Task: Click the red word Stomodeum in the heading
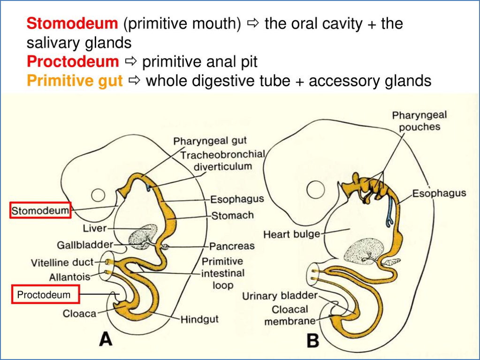72,23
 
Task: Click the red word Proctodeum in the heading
73,61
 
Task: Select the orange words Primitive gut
75,81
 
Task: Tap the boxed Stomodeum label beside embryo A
40,211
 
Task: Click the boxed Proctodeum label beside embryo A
45,295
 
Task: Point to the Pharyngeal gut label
210,141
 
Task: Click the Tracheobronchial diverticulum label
223,160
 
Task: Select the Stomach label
232,216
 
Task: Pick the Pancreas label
232,246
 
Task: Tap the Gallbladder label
85,245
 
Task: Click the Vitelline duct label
62,262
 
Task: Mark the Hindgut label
199,320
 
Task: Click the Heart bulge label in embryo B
291,233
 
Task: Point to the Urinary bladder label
280,296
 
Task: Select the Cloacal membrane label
287,315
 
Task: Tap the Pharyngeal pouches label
419,121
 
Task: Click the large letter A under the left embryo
106,339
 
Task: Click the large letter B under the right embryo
313,340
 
